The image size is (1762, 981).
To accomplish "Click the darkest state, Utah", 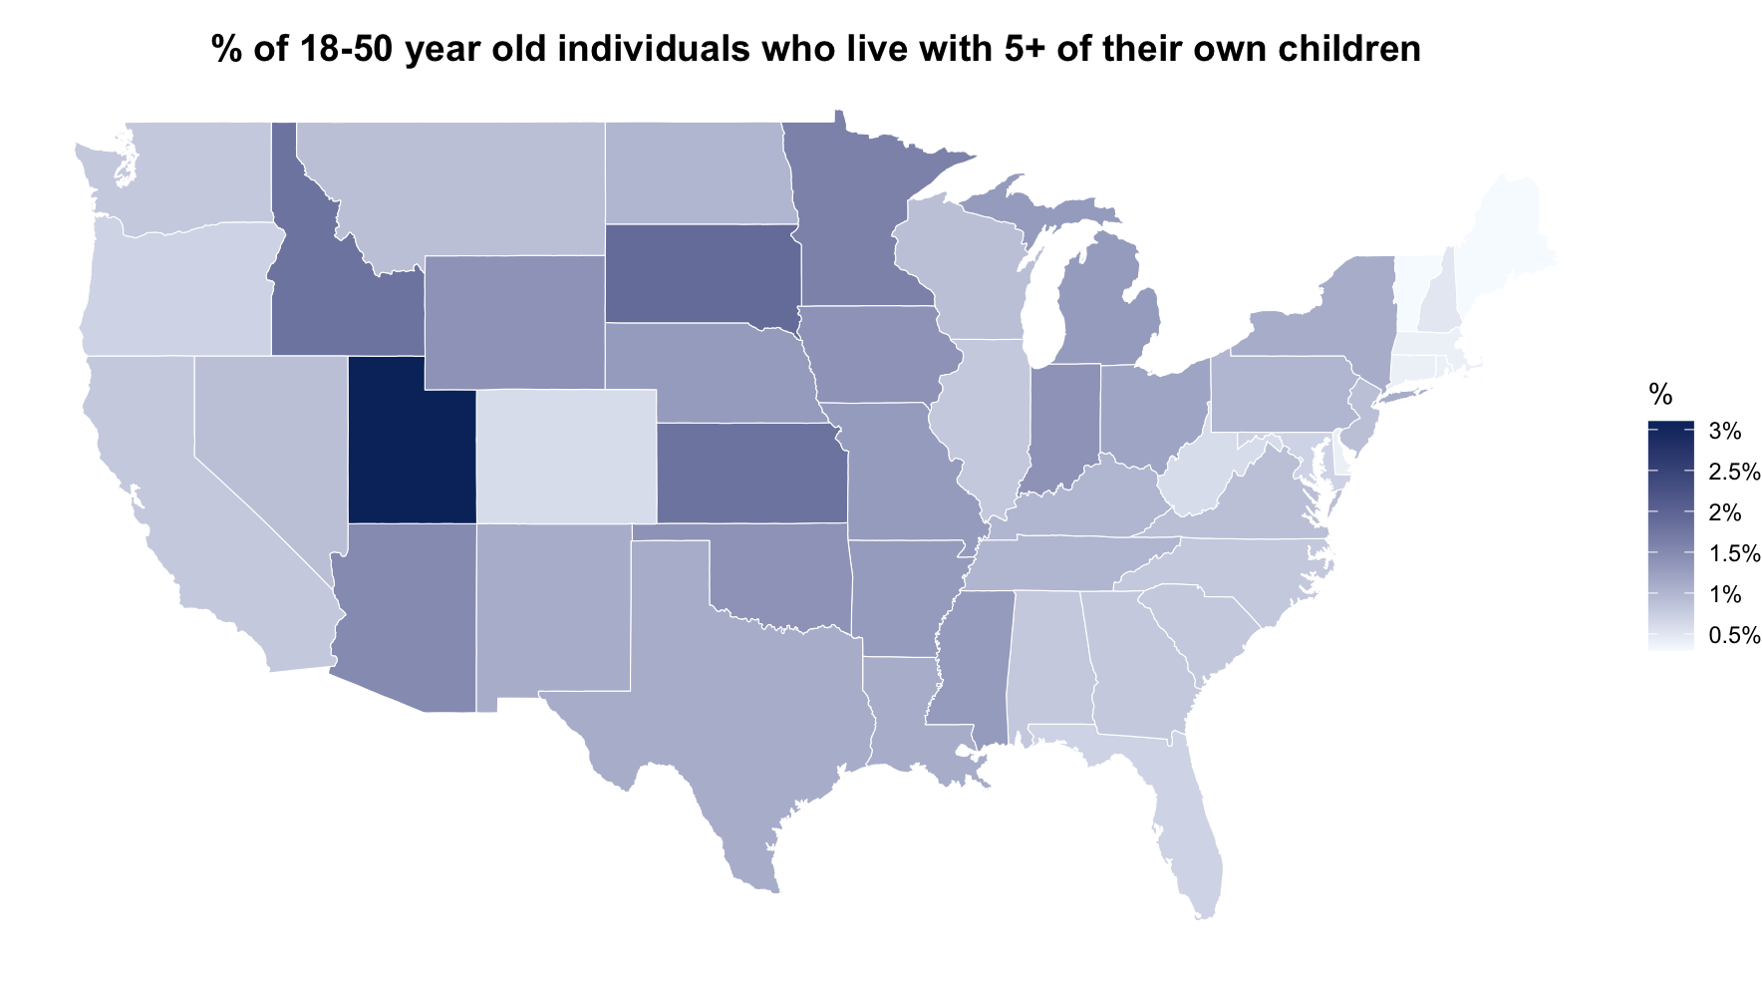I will pos(411,444).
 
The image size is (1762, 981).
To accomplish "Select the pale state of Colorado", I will pos(565,455).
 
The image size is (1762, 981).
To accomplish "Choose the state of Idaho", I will pos(339,299).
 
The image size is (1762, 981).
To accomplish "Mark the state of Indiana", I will pos(1063,424).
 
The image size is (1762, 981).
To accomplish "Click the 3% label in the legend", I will pos(1725,431).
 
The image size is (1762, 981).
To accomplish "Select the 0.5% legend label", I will pos(1734,636).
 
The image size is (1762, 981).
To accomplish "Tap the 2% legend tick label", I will pos(1725,513).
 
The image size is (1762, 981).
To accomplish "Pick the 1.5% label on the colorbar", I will pos(1734,554).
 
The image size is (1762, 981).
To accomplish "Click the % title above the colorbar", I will pos(1660,395).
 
